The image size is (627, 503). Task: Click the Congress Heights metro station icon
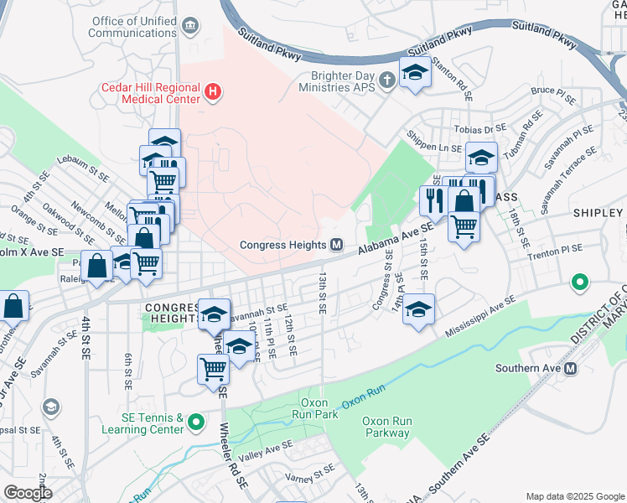(x=336, y=245)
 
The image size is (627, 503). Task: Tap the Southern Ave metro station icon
(x=571, y=368)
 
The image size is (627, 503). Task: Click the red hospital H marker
(x=213, y=91)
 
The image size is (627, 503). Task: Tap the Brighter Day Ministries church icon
(x=386, y=80)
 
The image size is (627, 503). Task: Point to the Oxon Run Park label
(x=314, y=408)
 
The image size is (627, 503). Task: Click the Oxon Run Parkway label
(x=386, y=427)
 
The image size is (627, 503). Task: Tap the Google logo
(x=28, y=492)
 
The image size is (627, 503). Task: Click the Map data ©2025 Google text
(x=574, y=495)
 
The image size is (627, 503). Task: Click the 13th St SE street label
(x=323, y=291)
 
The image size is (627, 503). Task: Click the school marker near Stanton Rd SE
(x=415, y=73)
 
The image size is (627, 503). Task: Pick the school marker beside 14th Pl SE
(x=417, y=309)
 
